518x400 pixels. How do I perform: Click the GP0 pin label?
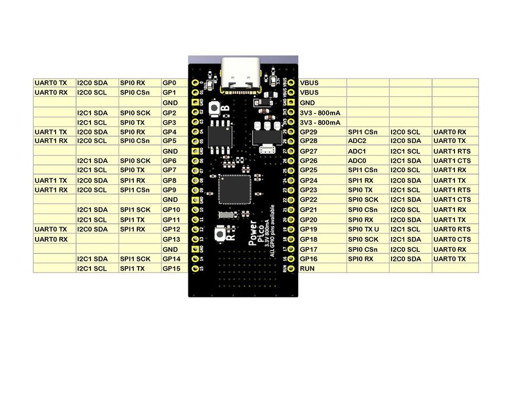pos(169,83)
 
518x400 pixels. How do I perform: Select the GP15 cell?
pos(172,268)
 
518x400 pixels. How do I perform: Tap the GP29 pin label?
pos(309,132)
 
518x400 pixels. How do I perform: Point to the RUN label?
pos(307,268)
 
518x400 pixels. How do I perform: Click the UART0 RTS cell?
pos(452,229)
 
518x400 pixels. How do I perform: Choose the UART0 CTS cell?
pos(452,239)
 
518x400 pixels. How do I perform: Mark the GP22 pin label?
pos(309,200)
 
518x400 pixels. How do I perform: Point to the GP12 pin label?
pos(172,229)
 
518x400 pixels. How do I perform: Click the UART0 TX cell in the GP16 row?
pos(449,259)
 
